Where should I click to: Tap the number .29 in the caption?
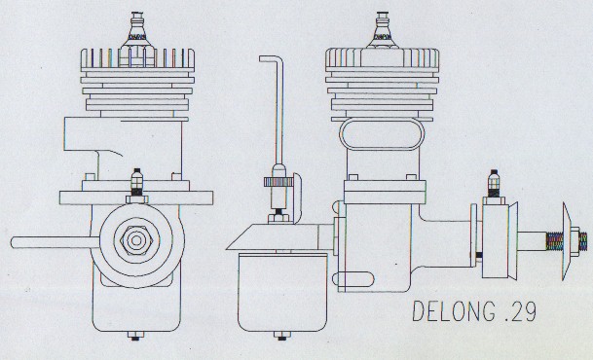tap(520, 312)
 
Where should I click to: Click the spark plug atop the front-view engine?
tap(137, 30)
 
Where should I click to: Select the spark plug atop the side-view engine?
tap(383, 30)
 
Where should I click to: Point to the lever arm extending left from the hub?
tap(56, 242)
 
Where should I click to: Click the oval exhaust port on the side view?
tap(382, 134)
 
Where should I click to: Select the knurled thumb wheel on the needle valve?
tap(278, 182)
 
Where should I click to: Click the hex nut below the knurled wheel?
tap(278, 218)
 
